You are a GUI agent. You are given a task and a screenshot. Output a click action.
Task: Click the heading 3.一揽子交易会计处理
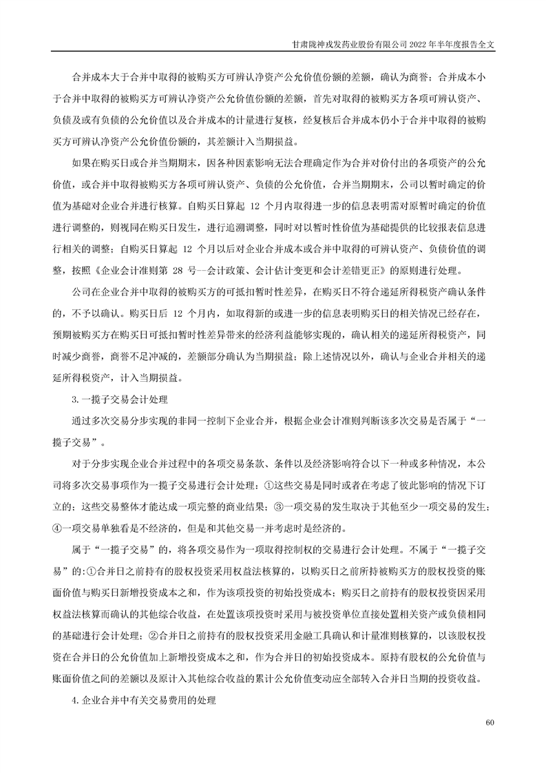click(x=116, y=398)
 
